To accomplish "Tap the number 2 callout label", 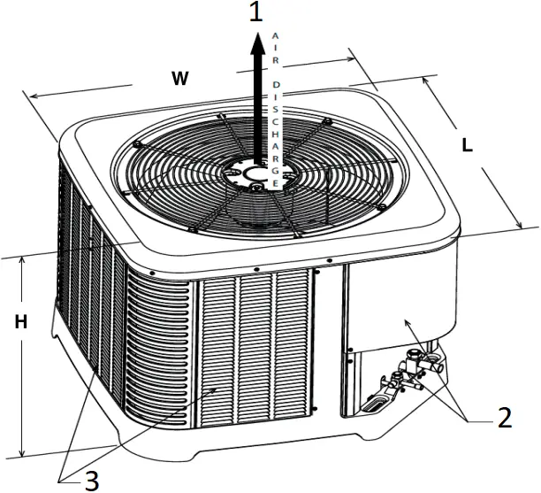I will pos(504,417).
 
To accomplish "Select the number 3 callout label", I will pos(90,479).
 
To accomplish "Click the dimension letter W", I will pos(179,79).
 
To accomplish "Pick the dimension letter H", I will pos(19,323).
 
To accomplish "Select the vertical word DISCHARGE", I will pos(278,134).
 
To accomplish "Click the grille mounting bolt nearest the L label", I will pos(380,207).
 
